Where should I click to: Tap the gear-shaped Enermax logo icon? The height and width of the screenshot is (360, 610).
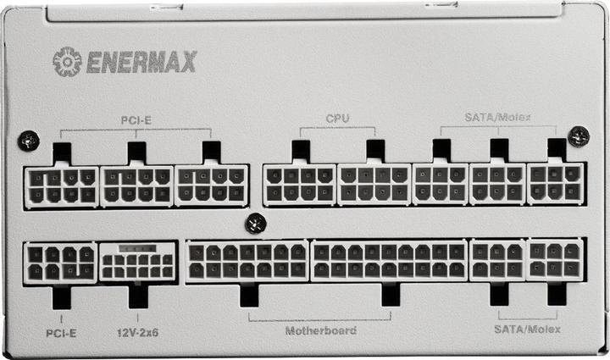click(67, 61)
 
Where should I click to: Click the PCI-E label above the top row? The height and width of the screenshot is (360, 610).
click(136, 120)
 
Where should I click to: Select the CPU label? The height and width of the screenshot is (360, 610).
click(337, 118)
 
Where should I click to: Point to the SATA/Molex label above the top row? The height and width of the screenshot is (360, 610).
click(498, 117)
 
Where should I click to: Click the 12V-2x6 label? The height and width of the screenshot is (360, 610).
click(137, 333)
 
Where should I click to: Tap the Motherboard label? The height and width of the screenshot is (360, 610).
click(320, 330)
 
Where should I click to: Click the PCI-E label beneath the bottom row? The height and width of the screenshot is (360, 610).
click(61, 333)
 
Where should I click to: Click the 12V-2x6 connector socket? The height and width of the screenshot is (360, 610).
click(137, 263)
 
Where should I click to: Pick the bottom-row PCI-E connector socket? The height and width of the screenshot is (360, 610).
click(61, 263)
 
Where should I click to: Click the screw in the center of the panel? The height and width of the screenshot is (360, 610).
click(255, 224)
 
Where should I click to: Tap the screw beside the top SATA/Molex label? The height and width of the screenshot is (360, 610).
click(579, 135)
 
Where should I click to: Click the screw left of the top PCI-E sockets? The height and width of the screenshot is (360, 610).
click(29, 140)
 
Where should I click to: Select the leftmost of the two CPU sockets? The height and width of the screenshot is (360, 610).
click(300, 185)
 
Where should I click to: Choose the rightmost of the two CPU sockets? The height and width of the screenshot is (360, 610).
click(374, 185)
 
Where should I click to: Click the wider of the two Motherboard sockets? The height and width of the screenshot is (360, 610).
click(390, 262)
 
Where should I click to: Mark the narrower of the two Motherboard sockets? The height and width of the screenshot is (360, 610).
click(247, 262)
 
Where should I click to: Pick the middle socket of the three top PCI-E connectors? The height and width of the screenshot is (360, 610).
click(137, 186)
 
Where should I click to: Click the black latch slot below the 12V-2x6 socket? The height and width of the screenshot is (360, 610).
click(137, 296)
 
